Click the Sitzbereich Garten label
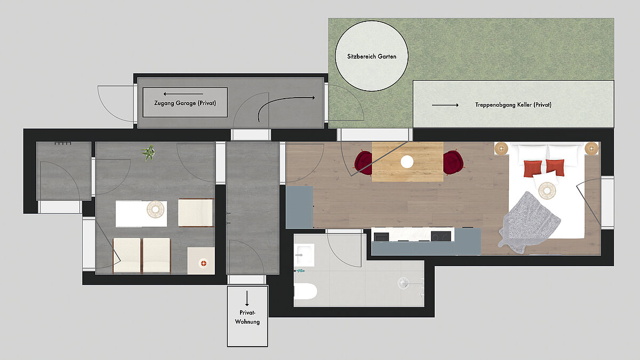tap(372, 57)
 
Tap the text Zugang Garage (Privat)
tap(185, 103)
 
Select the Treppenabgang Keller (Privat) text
tap(513, 105)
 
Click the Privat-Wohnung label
tap(247, 317)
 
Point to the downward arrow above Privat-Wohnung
tap(247, 299)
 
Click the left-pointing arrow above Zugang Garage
tap(183, 94)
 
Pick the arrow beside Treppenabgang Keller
tap(445, 105)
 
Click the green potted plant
tap(149, 153)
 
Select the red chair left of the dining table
tap(363, 163)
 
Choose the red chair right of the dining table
tap(453, 162)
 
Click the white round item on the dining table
tap(407, 162)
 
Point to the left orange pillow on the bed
tap(533, 169)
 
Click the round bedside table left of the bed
tap(501, 149)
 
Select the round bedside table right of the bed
tap(591, 149)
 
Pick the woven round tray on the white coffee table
tap(155, 210)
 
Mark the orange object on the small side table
tap(203, 263)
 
